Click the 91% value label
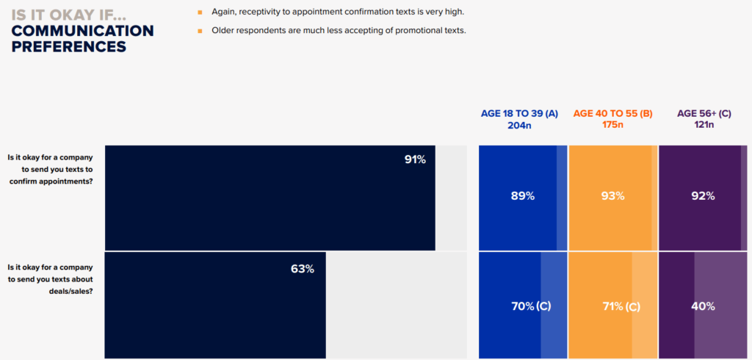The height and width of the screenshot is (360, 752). coord(415,159)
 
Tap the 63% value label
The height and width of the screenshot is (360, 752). coord(302,269)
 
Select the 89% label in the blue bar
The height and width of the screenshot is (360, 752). coord(522,196)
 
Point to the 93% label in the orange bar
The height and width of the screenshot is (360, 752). coord(612,196)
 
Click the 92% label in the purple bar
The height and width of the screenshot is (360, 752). coord(703,196)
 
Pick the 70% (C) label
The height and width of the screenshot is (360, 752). coord(530,306)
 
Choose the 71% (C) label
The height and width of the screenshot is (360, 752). coord(621,306)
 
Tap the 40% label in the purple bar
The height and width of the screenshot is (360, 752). coord(703,306)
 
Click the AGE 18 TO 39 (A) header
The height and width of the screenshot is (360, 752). coord(519,113)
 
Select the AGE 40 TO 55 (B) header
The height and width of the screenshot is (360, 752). coord(612,113)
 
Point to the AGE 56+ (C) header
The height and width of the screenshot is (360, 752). coord(704,113)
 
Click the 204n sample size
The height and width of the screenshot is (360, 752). coord(519,125)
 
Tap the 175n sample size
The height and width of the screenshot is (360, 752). coord(612,125)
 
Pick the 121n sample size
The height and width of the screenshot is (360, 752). coord(704,125)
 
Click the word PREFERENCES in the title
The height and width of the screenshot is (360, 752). coord(68,46)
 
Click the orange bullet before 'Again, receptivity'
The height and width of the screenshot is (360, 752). coord(199,12)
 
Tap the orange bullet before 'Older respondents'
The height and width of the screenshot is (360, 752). coord(199,30)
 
